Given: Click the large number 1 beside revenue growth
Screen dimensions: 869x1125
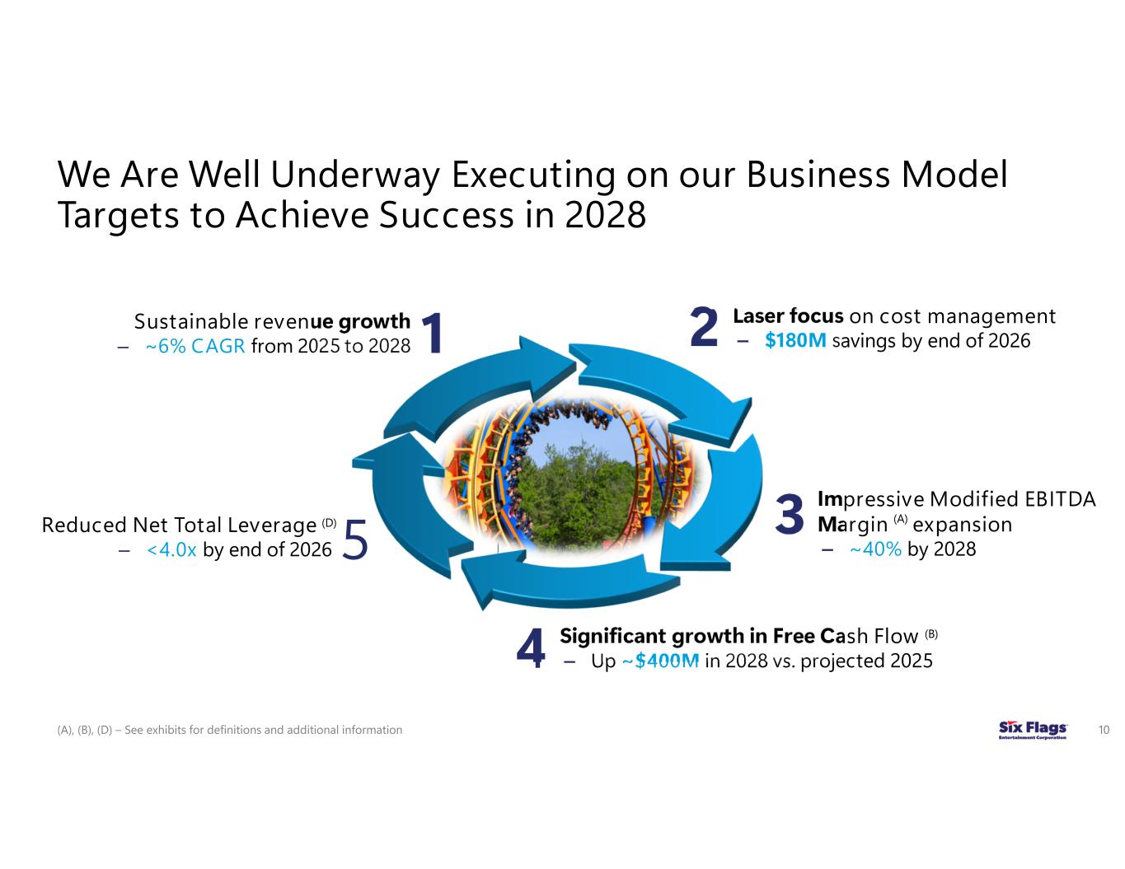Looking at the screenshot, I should [x=432, y=333].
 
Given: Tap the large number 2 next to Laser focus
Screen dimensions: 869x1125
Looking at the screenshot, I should [x=703, y=328].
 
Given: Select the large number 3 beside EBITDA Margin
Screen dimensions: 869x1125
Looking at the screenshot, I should [x=790, y=513].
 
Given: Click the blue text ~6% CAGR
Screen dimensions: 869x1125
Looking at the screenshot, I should [x=195, y=346].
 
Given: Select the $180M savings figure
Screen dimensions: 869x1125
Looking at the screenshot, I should [x=795, y=341].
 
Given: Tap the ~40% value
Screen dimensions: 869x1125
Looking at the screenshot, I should [x=875, y=549].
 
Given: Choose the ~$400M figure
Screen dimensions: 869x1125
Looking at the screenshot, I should [x=659, y=661].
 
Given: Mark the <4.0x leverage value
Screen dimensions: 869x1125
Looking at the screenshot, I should [x=171, y=549].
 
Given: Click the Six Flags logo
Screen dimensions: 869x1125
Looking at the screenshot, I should [x=1033, y=730].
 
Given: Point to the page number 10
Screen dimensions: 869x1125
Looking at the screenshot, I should [x=1104, y=730].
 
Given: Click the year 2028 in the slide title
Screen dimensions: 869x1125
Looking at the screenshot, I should [x=605, y=216].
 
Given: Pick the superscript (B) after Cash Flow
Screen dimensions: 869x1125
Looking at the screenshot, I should [x=931, y=633].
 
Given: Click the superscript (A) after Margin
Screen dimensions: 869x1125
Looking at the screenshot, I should [x=900, y=520].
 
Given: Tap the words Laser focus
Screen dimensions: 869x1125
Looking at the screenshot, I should [x=787, y=316].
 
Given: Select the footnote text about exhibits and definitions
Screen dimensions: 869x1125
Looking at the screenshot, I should [x=230, y=730].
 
